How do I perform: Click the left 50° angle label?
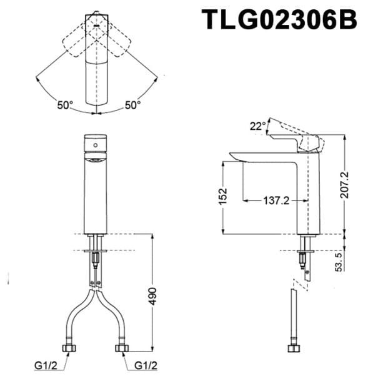pyautogui.click(x=65, y=105)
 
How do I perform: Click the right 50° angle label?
pyautogui.click(x=132, y=105)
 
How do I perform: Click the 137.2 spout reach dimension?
pyautogui.click(x=275, y=200)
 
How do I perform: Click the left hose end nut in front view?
pyautogui.click(x=67, y=347)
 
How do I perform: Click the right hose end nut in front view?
pyautogui.click(x=122, y=347)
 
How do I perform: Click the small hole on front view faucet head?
pyautogui.click(x=94, y=144)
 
